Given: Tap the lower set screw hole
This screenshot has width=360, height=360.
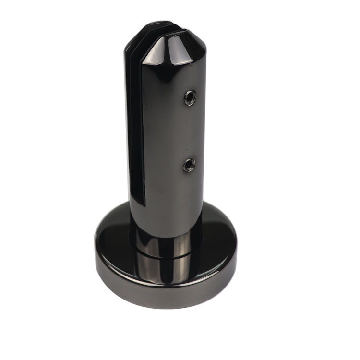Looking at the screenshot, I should (x=189, y=165).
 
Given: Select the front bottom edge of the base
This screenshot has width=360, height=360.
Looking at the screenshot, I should (x=166, y=308).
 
